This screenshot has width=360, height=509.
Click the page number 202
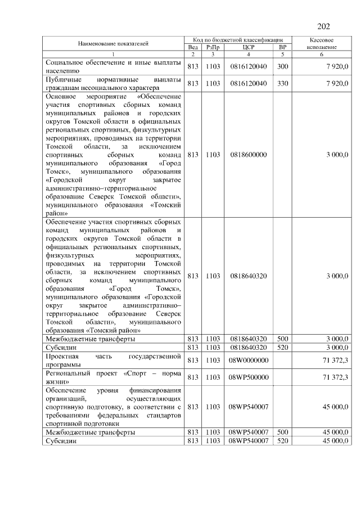(x=323, y=26)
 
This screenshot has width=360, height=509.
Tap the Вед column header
(x=192, y=48)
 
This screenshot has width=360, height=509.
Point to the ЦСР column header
(x=247, y=48)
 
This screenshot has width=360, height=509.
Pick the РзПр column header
(x=212, y=48)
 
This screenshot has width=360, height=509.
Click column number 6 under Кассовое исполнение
(x=322, y=55)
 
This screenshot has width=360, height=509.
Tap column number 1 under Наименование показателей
(x=113, y=55)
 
